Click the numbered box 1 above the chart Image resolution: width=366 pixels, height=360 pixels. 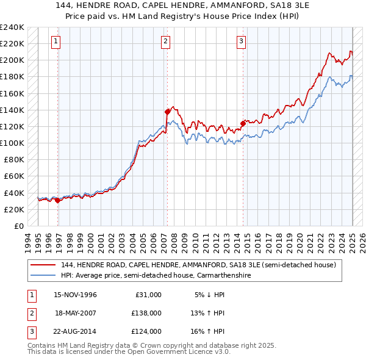pyautogui.click(x=56, y=41)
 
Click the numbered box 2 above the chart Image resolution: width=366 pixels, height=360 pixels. pyautogui.click(x=165, y=41)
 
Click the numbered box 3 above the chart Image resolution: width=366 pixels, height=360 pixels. pyautogui.click(x=241, y=41)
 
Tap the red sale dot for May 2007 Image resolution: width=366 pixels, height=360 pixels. pyautogui.click(x=167, y=112)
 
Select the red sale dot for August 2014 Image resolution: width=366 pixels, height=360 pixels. pyautogui.click(x=243, y=123)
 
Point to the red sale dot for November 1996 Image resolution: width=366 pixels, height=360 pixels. pyautogui.click(x=57, y=200)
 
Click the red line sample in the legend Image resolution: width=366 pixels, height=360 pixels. pyautogui.click(x=42, y=265)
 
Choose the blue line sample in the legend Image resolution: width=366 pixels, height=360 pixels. pyautogui.click(x=42, y=276)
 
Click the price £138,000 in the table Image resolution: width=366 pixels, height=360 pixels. pyautogui.click(x=146, y=312)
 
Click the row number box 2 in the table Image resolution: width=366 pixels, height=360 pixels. pyautogui.click(x=30, y=312)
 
